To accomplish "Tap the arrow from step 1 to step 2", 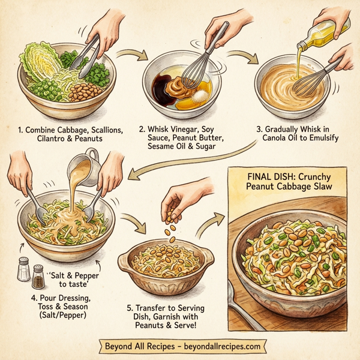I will (133, 58).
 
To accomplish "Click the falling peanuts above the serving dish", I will (170, 231).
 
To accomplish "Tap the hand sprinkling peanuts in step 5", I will (180, 198).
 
